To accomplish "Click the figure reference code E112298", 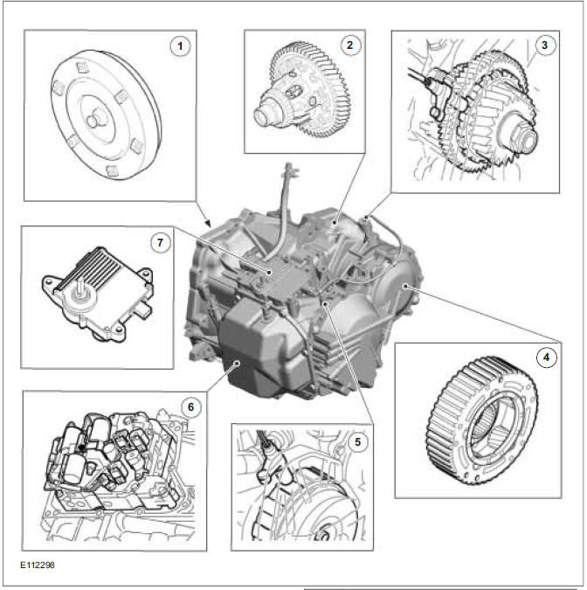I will click(40, 565).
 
